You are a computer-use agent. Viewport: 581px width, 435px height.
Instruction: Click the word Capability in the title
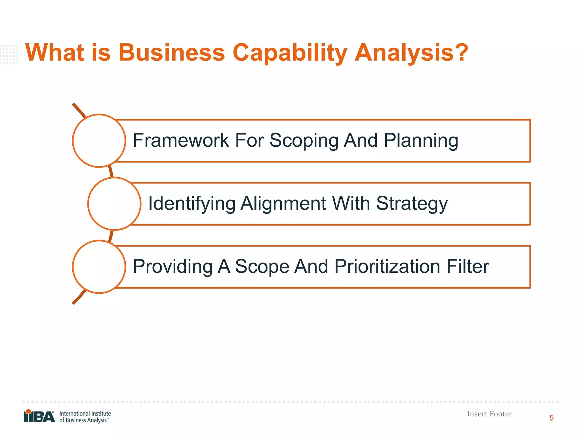[290, 53]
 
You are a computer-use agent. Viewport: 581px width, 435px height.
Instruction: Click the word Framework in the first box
[181, 140]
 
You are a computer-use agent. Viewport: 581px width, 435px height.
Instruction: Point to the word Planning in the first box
[421, 141]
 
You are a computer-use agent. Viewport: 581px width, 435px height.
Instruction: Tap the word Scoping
[304, 141]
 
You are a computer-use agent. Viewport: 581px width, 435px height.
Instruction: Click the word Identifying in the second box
[192, 204]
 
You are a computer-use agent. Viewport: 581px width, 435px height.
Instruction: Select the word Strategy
[412, 204]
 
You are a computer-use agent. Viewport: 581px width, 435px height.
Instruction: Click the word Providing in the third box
[172, 267]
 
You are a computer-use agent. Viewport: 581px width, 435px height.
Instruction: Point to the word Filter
[468, 266]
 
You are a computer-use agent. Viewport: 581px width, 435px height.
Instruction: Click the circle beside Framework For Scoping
[99, 141]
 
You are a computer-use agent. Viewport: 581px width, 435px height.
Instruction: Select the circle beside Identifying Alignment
[114, 204]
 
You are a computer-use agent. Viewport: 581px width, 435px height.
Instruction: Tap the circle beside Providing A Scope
[99, 267]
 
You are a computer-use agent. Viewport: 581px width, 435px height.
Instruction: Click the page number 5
[551, 418]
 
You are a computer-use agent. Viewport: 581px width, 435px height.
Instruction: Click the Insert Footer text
[489, 414]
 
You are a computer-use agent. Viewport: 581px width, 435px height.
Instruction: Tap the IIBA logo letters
[40, 417]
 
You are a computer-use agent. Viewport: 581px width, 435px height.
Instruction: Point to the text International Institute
[85, 413]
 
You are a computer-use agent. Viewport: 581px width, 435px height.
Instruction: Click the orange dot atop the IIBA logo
[28, 411]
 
